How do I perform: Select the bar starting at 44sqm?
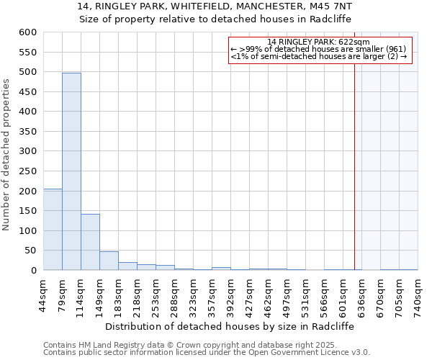[x=53, y=229]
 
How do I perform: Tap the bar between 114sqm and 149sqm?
[x=90, y=242]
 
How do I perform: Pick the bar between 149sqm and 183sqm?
[x=109, y=261]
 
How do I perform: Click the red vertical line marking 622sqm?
[x=354, y=158]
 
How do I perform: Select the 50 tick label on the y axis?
[x=30, y=251]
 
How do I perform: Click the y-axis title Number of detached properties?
[x=7, y=155]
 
